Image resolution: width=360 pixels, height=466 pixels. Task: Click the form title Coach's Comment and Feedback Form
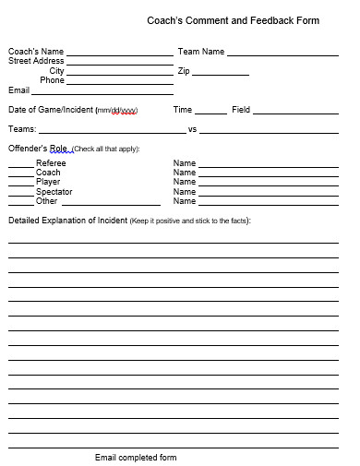pos(233,20)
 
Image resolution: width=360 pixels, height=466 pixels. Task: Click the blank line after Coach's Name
pos(119,54)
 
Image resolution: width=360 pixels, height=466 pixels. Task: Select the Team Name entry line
pos(282,54)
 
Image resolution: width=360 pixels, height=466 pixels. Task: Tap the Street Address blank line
pos(119,64)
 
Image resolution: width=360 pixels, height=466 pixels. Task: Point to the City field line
pos(119,73)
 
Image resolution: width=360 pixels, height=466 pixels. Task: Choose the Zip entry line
pos(221,73)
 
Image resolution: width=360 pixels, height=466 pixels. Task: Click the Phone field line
pos(119,83)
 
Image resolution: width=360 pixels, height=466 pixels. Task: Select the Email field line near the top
pos(102,93)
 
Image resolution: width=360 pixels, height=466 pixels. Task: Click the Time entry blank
pos(210,113)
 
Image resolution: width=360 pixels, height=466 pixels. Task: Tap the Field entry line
pos(295,113)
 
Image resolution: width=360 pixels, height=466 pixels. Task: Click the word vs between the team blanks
pos(192,130)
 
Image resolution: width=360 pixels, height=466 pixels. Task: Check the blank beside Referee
pos(20,166)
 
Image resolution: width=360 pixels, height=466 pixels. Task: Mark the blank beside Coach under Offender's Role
pos(20,175)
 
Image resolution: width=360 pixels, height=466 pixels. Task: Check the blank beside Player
pos(20,185)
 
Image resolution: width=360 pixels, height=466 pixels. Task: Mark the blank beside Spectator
pos(20,195)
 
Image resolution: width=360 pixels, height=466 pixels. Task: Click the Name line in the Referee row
pos(268,166)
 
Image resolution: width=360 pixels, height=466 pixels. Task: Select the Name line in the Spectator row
pos(268,195)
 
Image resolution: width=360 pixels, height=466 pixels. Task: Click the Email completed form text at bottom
pos(136,458)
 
